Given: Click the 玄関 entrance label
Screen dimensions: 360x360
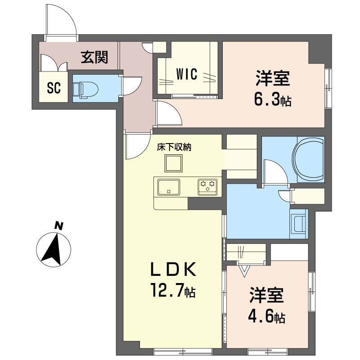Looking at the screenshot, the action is tap(94, 57).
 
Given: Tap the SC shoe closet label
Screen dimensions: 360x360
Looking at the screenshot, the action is tap(54, 88).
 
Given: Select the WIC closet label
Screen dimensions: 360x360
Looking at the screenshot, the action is tap(187, 74).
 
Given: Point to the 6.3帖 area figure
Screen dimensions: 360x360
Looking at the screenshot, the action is tap(273, 100).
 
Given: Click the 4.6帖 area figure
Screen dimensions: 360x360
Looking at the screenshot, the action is tap(267, 317).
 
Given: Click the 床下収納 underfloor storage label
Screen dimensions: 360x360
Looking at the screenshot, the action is tap(174, 147).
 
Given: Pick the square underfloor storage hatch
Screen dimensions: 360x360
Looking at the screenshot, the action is tap(174, 163).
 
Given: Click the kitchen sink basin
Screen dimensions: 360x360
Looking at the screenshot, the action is tap(168, 187).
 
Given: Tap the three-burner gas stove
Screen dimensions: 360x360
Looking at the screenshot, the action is tap(207, 187).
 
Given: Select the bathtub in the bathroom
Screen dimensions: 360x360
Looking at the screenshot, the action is tap(309, 160).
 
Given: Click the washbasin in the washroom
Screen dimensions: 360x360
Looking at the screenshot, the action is tap(298, 224).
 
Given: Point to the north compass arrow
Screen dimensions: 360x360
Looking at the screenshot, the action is tap(53, 250).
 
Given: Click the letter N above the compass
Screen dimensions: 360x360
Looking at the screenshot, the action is tap(59, 226).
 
